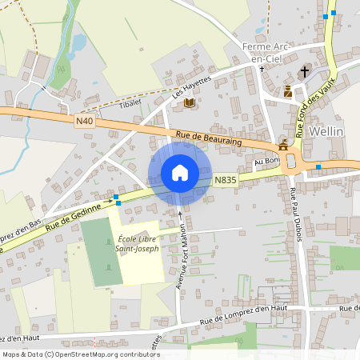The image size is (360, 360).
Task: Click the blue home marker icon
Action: coord(180,173)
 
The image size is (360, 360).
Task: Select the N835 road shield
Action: coord(223,182)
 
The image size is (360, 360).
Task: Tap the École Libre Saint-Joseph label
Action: coord(138,243)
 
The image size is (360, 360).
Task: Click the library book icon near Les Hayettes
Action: coord(189,103)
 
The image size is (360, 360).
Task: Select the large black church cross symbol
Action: coord(304,72)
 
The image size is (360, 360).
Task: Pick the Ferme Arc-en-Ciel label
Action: coord(266,52)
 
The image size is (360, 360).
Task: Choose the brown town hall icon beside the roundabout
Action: coord(282,146)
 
